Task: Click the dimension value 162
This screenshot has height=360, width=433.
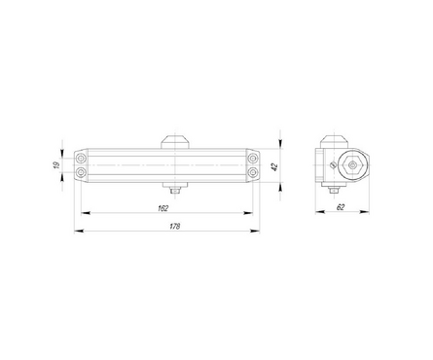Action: (x=163, y=208)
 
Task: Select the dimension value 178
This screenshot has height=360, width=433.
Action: (x=175, y=227)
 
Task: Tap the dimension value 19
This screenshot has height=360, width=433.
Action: (x=56, y=165)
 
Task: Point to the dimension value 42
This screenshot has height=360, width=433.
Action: (x=274, y=167)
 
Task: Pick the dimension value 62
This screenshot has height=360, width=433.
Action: (x=341, y=207)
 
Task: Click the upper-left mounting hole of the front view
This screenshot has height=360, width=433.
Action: (x=81, y=159)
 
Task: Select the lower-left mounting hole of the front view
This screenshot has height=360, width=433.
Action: (x=81, y=172)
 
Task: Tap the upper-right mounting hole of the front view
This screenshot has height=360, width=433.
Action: (x=252, y=159)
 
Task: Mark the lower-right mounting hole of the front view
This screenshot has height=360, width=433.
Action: (x=252, y=172)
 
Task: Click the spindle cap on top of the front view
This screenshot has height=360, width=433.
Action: (x=175, y=142)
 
